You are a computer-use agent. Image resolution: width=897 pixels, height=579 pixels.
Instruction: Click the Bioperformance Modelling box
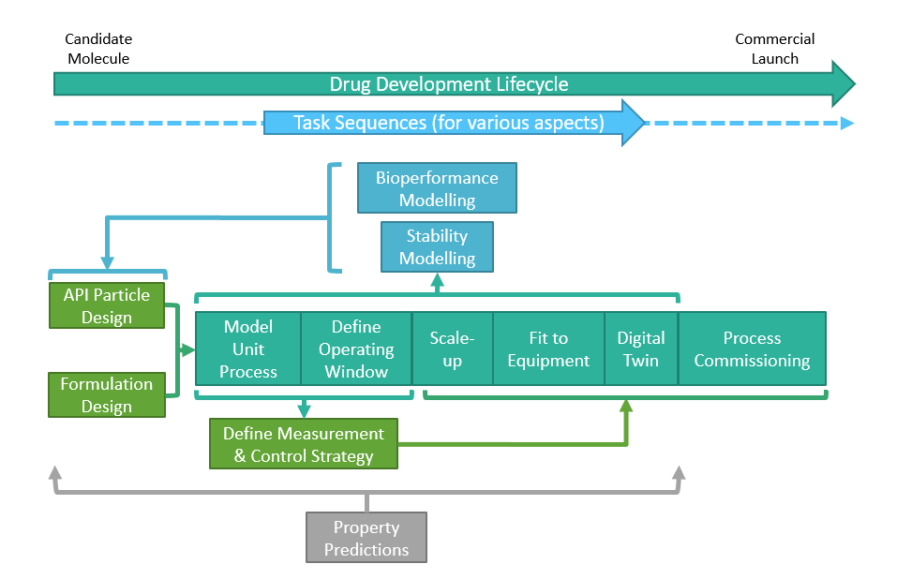437,188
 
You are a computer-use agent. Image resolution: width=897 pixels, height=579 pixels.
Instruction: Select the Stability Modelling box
437,247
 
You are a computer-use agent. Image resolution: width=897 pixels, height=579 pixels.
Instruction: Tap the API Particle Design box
106,305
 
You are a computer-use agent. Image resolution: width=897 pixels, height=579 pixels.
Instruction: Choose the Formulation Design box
106,394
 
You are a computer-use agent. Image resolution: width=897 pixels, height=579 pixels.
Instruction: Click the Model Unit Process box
247,349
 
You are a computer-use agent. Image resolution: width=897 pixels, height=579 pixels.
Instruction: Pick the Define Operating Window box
356,349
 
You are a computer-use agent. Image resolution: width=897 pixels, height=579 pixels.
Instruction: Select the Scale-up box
452,349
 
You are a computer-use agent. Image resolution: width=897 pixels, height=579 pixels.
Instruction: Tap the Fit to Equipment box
547,349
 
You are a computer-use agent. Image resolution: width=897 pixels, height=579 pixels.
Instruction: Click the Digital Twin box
640,349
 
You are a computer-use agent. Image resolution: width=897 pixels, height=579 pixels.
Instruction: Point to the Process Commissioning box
752,349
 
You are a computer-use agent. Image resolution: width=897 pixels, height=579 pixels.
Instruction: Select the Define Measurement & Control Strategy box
303,445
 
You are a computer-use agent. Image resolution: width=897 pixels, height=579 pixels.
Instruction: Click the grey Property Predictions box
366,538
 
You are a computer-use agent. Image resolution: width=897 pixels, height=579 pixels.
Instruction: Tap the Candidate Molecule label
98,49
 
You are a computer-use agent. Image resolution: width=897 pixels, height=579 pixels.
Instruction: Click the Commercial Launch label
774,49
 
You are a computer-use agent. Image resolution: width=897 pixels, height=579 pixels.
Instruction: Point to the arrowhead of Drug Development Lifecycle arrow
843,84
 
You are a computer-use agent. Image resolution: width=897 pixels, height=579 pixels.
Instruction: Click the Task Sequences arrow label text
448,123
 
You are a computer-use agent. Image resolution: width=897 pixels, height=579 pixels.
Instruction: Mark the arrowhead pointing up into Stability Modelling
437,278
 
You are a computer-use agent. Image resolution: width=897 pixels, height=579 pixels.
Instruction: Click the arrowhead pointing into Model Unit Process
188,349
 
